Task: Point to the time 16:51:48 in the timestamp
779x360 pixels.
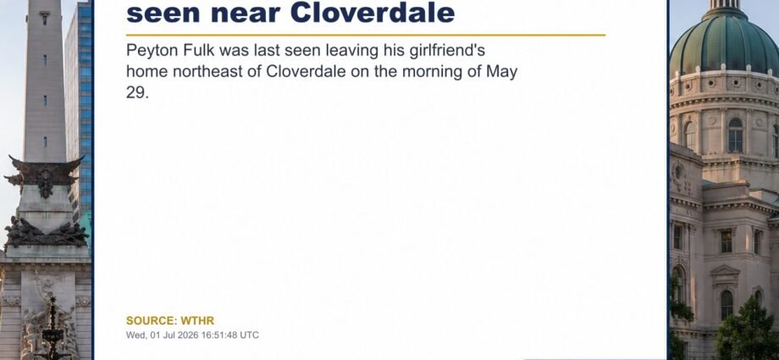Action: point(218,335)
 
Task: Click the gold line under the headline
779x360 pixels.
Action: point(366,36)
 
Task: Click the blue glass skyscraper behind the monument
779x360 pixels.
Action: point(80,99)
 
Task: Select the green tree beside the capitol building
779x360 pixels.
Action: point(748,330)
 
